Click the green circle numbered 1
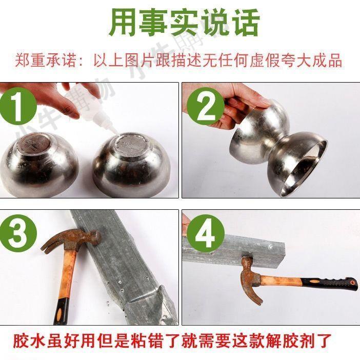[18, 106]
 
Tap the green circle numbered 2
[205, 106]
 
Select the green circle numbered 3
[18, 233]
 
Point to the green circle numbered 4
[205, 233]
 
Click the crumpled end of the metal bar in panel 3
[149, 305]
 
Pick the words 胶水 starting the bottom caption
[29, 341]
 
